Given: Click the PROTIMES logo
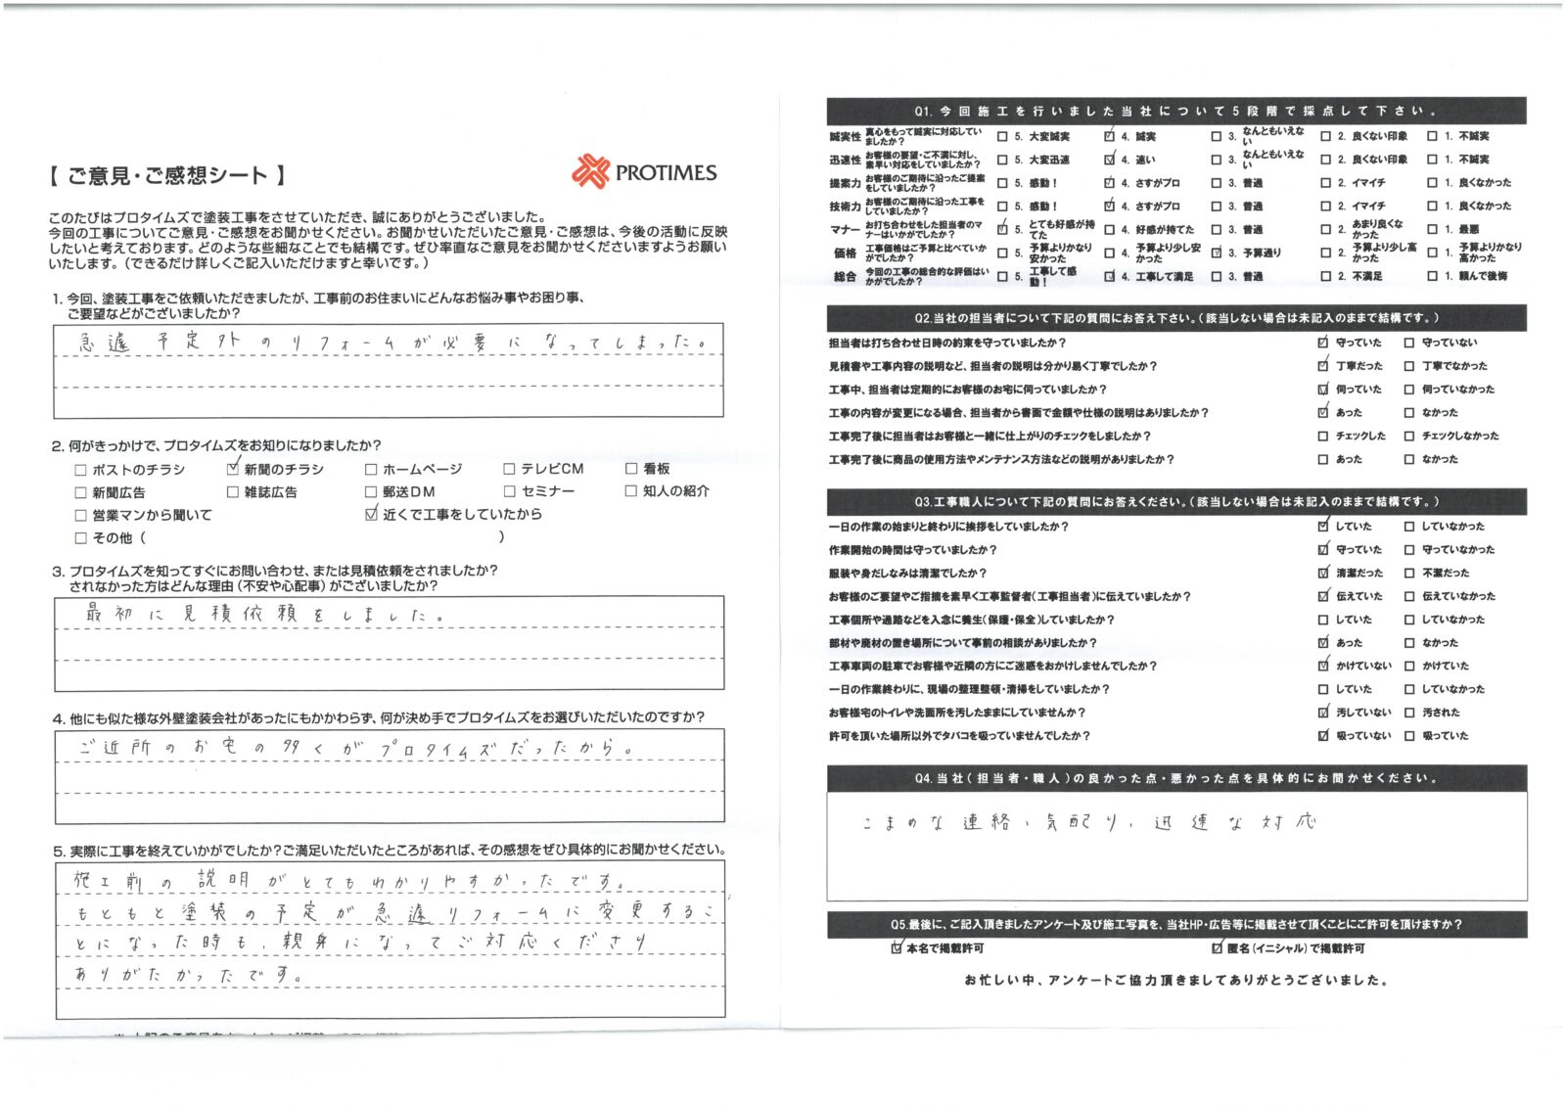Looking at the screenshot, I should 644,172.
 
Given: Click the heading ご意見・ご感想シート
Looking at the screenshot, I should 166,176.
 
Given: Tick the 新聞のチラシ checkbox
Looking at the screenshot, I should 233,469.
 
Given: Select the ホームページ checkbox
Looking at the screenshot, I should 371,470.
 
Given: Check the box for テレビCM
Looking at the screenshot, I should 509,470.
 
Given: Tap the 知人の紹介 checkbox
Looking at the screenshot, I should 631,491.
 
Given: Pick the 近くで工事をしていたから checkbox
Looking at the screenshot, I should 371,514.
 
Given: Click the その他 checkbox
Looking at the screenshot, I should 81,537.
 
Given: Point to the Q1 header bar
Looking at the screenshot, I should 1175,111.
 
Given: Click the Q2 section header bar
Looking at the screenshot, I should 1175,318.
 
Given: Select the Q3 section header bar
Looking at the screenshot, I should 1175,501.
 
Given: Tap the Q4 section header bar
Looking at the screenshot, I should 1175,778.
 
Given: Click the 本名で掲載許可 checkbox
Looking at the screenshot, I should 898,947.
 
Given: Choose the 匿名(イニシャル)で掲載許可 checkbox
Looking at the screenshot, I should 1218,947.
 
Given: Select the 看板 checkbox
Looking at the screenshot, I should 631,469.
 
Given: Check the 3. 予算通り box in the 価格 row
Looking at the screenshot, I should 1217,253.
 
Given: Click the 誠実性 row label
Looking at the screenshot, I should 845,137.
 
